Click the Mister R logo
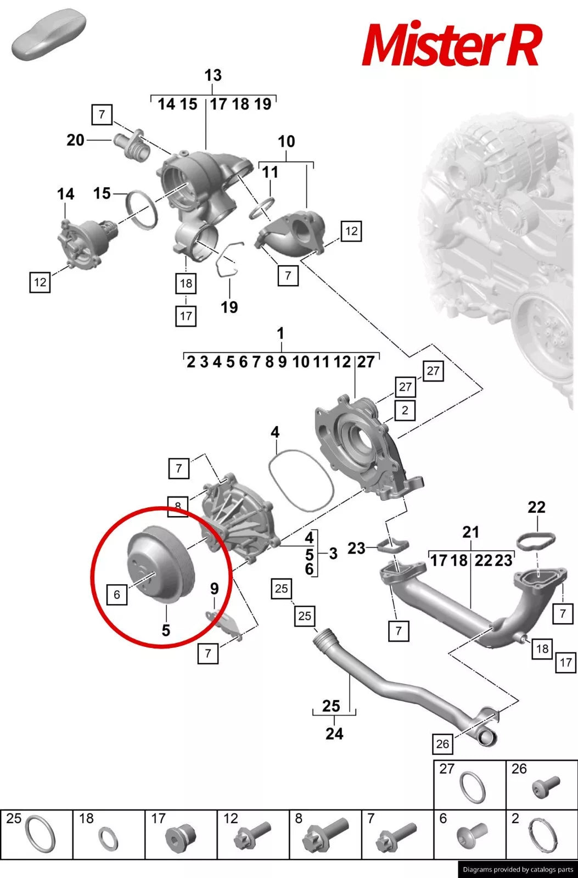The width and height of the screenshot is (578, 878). click(451, 44)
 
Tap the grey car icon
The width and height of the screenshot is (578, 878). click(49, 34)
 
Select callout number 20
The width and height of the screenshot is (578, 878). click(75, 140)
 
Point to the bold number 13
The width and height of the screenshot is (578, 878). click(213, 75)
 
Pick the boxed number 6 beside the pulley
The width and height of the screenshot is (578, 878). click(117, 595)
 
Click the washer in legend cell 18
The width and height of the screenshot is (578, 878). click(108, 840)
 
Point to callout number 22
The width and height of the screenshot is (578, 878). click(536, 507)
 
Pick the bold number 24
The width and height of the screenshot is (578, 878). click(334, 734)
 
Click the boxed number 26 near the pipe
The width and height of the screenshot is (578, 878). click(442, 743)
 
